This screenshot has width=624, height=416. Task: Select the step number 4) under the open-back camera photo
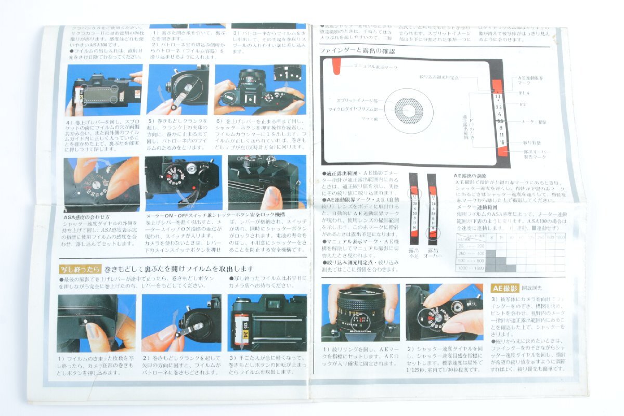70,122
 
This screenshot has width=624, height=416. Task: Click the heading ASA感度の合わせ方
86,216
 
